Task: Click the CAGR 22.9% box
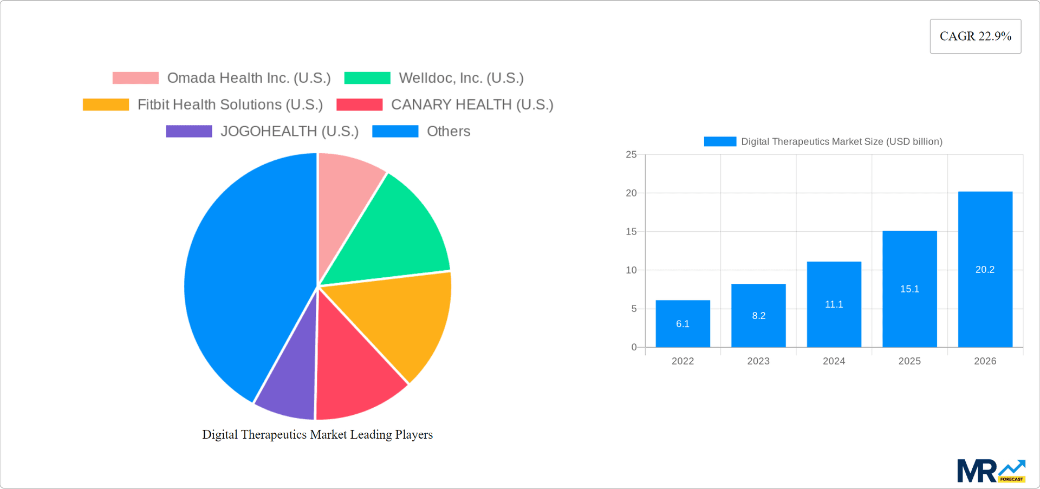(975, 36)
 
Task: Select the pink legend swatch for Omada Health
(135, 78)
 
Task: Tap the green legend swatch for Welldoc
(367, 78)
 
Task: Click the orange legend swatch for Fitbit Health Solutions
(106, 105)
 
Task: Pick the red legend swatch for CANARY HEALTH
(359, 105)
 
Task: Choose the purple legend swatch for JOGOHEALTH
(188, 131)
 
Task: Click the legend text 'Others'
(448, 131)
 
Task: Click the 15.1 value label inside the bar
(909, 289)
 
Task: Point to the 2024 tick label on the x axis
(834, 361)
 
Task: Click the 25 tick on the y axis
(631, 155)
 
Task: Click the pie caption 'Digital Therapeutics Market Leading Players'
(317, 434)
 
